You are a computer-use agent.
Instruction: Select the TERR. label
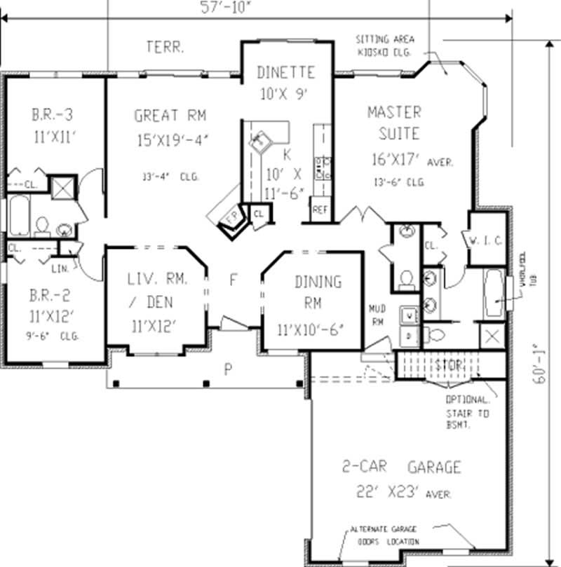pos(165,48)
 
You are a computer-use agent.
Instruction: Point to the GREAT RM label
pos(170,115)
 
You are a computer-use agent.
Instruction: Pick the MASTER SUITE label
pos(394,122)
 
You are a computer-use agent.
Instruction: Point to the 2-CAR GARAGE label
pos(401,467)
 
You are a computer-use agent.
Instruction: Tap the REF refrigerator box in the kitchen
pos(320,210)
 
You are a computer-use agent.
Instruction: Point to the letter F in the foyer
pos(234,280)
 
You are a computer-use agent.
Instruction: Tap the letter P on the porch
pos(227,371)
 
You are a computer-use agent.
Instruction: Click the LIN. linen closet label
pos(60,267)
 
